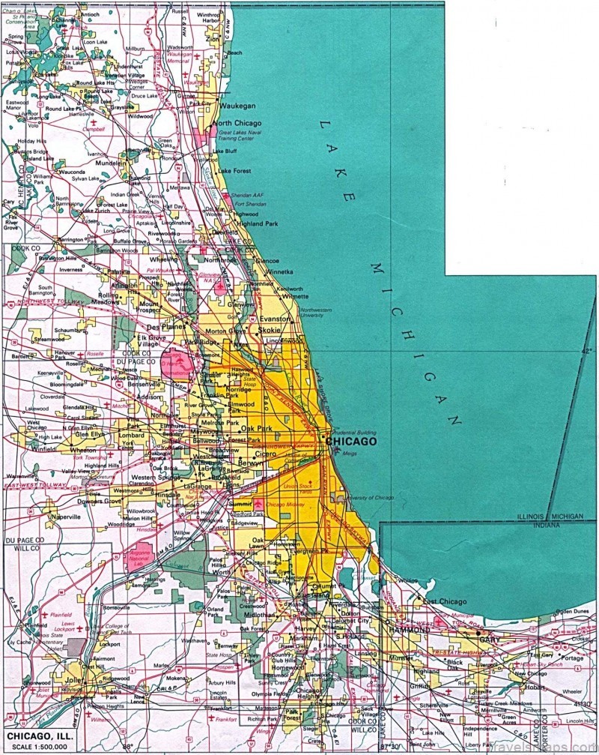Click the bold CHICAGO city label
pyautogui.click(x=351, y=442)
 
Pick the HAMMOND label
pyautogui.click(x=409, y=631)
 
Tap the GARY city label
pyautogui.click(x=488, y=640)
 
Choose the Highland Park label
pyautogui.click(x=238, y=223)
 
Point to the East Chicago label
pyautogui.click(x=445, y=601)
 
